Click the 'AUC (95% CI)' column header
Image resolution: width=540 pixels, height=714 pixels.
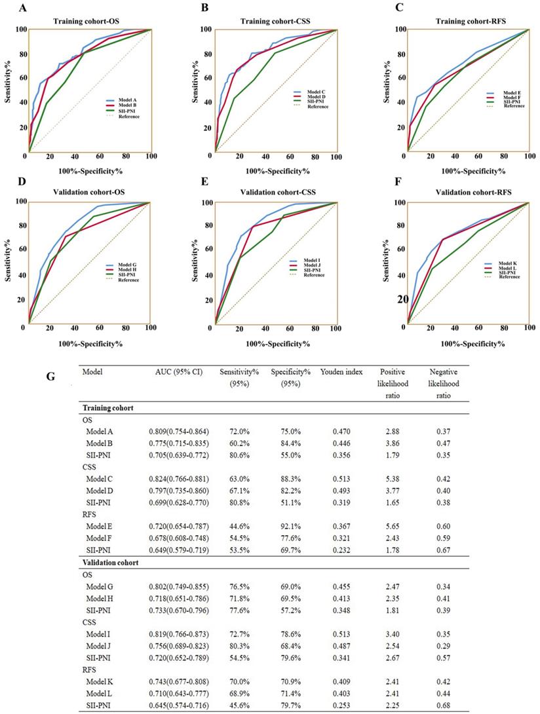pos(177,371)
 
